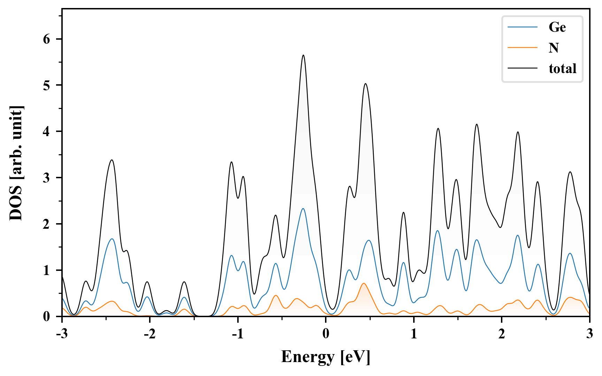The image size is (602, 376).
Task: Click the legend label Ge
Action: click(x=557, y=27)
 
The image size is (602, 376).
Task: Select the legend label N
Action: click(x=554, y=48)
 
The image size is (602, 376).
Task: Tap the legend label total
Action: click(x=562, y=68)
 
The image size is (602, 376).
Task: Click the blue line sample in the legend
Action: click(x=523, y=27)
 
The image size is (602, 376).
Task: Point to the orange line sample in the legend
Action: click(x=523, y=48)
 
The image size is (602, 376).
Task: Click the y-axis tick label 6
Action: click(x=47, y=39)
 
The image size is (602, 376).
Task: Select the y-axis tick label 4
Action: click(x=47, y=132)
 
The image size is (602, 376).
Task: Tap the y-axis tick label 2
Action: click(x=47, y=224)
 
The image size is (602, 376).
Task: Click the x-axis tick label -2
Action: click(x=149, y=334)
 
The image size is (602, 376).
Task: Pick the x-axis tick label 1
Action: click(x=414, y=334)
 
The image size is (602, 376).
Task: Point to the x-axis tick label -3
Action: click(x=62, y=334)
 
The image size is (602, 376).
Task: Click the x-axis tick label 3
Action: click(x=589, y=334)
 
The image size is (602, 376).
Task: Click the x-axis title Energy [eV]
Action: click(x=326, y=357)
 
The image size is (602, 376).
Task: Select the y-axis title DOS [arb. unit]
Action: click(x=16, y=163)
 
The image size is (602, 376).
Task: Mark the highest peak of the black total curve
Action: click(x=303, y=55)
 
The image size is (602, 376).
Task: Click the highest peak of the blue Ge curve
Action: click(x=303, y=209)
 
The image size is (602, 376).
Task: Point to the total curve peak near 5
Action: click(x=365, y=84)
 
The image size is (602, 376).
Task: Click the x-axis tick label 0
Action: click(x=326, y=334)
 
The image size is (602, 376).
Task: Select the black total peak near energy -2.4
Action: click(x=112, y=160)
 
